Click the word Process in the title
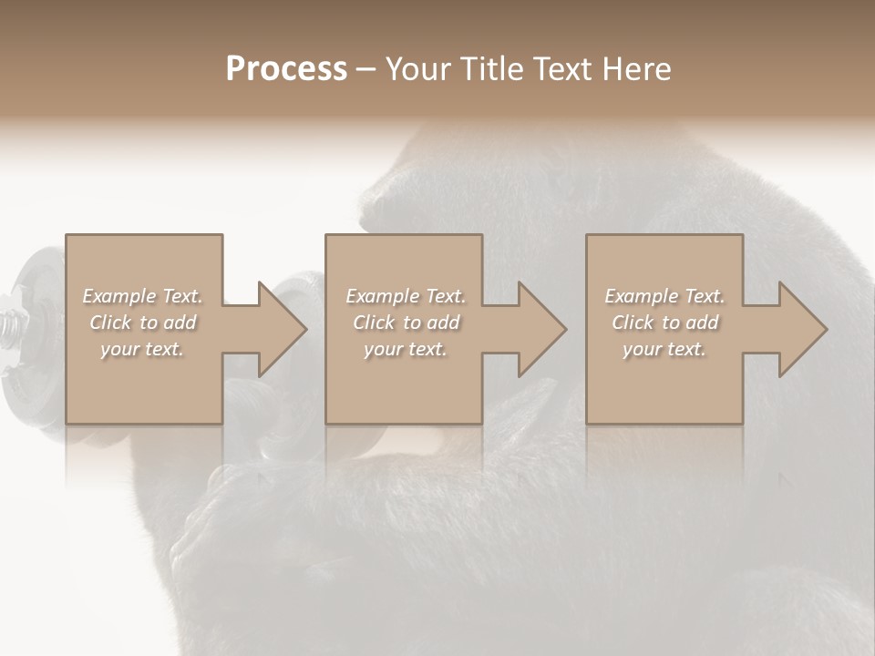286,69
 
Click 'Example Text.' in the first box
142,296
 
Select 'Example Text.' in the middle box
406,296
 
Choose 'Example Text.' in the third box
664,296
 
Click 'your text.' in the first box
142,349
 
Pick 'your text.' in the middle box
406,349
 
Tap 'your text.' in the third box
664,349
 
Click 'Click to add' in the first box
142,323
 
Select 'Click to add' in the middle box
406,323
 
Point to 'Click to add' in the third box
664,323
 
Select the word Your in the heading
417,69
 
